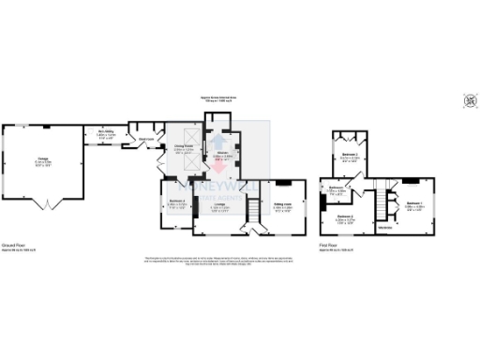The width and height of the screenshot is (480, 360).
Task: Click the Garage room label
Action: point(43,157)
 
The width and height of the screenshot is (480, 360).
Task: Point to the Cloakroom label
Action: point(147,141)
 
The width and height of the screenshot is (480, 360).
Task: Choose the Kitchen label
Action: point(222,156)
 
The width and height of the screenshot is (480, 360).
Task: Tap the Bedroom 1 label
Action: point(414,205)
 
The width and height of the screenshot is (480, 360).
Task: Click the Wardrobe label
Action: point(385,227)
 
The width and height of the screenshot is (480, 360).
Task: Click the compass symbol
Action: point(469,99)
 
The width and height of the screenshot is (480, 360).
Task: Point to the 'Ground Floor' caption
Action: point(15,242)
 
